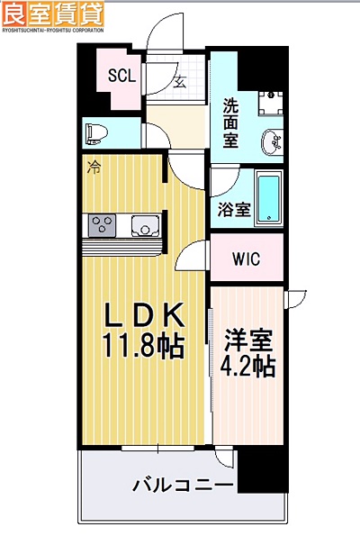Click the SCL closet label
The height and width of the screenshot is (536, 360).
tap(121, 77)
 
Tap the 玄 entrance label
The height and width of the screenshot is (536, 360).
tap(178, 82)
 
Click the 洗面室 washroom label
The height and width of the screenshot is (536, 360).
tap(230, 122)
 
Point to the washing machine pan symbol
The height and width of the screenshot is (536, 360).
tap(268, 102)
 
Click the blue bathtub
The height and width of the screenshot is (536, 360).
tap(269, 197)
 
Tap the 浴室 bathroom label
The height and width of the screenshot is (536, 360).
tap(234, 210)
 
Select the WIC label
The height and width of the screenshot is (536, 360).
tap(246, 259)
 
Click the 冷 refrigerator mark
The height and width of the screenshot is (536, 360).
tap(93, 167)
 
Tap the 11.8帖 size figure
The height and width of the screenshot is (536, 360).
tap(146, 345)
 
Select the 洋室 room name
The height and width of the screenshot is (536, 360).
tap(247, 341)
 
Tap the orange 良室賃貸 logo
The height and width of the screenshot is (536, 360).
tap(53, 14)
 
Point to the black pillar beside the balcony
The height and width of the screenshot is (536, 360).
tap(266, 468)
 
